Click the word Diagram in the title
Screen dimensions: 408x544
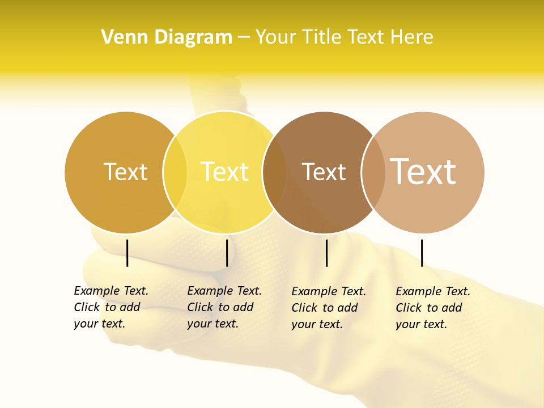[193, 37]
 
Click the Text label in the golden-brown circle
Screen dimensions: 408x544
[125, 172]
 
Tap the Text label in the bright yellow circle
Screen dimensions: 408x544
[225, 172]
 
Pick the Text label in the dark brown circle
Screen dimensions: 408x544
[324, 172]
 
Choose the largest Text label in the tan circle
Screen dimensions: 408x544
[423, 172]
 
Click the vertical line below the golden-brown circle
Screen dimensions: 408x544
[127, 253]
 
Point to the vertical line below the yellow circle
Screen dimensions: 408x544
[227, 253]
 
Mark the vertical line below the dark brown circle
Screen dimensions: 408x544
[326, 253]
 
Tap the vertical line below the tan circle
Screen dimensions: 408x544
[422, 253]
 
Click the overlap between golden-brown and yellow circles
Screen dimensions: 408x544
[175, 172]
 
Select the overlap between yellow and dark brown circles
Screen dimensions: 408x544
[274, 172]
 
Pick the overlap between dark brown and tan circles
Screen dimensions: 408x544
[373, 172]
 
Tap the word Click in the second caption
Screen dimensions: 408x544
[200, 307]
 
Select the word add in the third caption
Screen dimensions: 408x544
[347, 308]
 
